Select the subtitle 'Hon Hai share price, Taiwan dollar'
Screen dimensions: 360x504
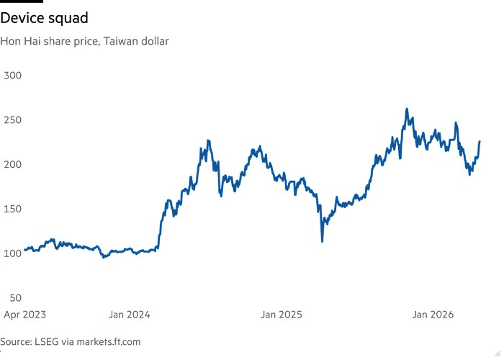pos(85,41)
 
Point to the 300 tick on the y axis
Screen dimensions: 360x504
pos(14,75)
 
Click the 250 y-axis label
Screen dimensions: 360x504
pos(14,120)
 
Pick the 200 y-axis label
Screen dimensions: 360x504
pos(14,164)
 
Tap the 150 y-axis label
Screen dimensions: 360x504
pos(14,209)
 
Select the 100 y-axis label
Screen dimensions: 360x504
pos(14,253)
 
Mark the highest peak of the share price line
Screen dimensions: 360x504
pos(407,109)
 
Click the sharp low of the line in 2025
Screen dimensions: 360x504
pos(322,240)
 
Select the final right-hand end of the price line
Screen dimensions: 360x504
pos(480,142)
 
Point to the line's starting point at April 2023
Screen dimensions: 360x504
pos(24,250)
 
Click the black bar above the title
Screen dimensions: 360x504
pos(22,1)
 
